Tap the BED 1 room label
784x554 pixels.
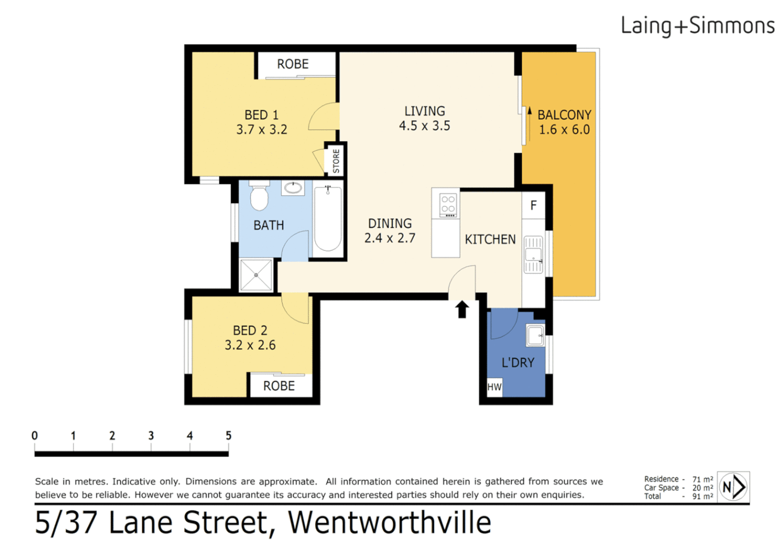[x=261, y=115]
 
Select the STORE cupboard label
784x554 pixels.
[x=336, y=161]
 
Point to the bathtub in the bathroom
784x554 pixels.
[x=328, y=219]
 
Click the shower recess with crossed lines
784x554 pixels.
[x=256, y=275]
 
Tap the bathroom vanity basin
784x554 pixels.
[x=293, y=188]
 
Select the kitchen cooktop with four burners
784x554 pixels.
[x=448, y=204]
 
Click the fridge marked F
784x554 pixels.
[x=533, y=206]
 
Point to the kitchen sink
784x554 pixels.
[x=533, y=254]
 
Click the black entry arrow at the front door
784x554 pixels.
[x=462, y=309]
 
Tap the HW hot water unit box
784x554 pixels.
[x=494, y=387]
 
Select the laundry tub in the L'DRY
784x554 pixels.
[x=535, y=336]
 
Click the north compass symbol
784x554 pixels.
[x=733, y=486]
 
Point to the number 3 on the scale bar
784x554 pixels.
[x=151, y=436]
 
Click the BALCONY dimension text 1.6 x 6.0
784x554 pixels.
[x=564, y=130]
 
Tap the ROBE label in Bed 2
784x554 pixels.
[x=279, y=386]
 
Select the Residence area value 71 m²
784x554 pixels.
[x=702, y=479]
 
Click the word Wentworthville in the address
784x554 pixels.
[x=389, y=523]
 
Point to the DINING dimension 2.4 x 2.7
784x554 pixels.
[x=389, y=238]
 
